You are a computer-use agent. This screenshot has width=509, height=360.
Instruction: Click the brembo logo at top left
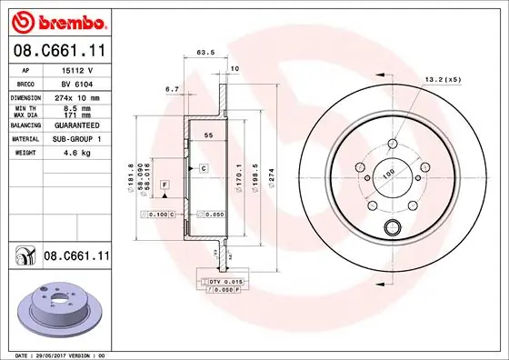59,20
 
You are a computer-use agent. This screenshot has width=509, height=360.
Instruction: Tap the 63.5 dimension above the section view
205,54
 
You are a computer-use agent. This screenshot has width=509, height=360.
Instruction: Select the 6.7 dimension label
172,90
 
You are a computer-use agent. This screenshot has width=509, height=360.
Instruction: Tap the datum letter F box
165,185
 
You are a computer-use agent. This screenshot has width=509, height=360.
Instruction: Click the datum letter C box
204,169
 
